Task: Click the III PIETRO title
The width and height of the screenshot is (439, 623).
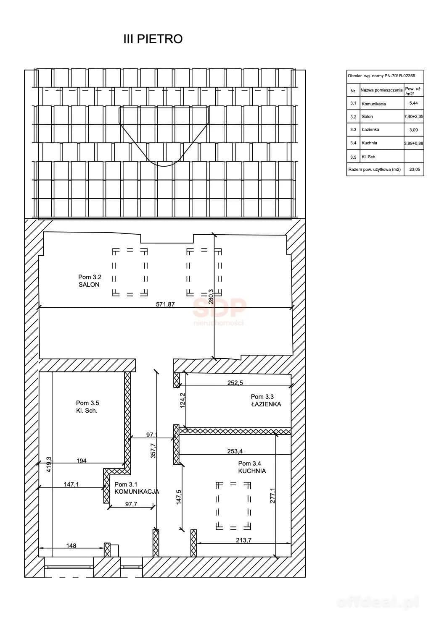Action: (153, 39)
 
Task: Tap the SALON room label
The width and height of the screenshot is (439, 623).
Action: (89, 285)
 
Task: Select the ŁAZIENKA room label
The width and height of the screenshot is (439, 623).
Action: (266, 404)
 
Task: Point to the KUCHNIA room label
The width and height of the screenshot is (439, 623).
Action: (252, 471)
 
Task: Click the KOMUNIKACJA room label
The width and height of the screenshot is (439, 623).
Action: (137, 492)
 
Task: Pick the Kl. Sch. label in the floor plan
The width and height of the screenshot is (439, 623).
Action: (87, 411)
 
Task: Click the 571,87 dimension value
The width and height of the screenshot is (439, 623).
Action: (165, 304)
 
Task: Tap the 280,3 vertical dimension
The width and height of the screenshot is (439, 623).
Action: (211, 296)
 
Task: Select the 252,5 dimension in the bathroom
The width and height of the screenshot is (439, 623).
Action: (235, 383)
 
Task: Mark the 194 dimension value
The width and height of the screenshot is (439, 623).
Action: (81, 461)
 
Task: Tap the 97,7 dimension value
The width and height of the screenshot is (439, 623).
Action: (131, 504)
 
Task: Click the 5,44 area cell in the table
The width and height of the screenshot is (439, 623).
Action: (413, 103)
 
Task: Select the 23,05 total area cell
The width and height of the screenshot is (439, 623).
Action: (415, 169)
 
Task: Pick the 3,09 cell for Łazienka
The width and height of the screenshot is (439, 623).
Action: (413, 130)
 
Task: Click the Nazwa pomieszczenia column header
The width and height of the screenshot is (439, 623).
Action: (381, 90)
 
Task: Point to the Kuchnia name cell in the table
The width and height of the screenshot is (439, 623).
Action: (369, 143)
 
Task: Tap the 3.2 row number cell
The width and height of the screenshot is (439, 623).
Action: (353, 117)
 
